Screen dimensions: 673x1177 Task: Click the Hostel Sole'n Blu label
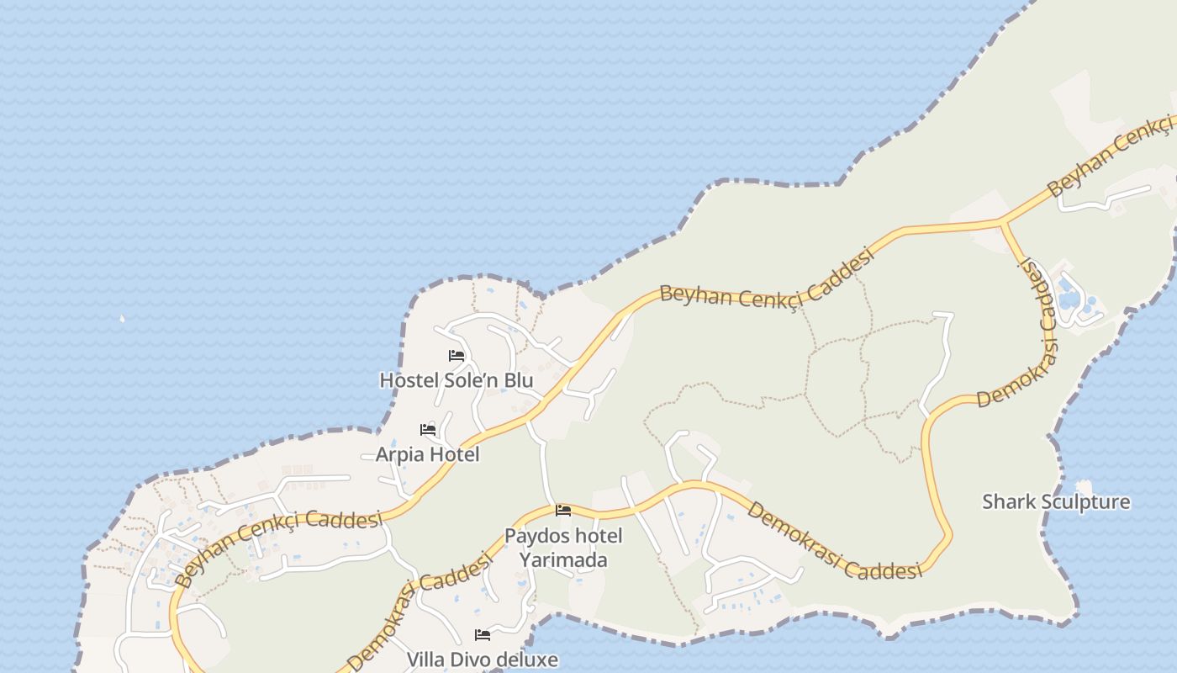click(456, 380)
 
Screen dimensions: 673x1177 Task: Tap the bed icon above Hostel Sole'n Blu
click(457, 356)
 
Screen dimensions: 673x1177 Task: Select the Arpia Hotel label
click(427, 454)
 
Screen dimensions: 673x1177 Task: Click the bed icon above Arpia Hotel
click(428, 430)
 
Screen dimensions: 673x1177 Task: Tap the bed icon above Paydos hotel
click(563, 511)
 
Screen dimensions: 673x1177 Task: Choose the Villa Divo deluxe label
click(482, 659)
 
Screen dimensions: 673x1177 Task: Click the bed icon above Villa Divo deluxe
click(483, 635)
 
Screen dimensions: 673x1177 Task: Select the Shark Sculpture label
click(1056, 502)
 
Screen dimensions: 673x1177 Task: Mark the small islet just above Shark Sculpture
click(1084, 485)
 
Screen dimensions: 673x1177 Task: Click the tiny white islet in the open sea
click(123, 319)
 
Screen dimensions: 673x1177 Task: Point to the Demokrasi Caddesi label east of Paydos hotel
click(835, 541)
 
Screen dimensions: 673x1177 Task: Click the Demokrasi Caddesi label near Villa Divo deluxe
click(419, 612)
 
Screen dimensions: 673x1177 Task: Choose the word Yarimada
click(562, 559)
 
